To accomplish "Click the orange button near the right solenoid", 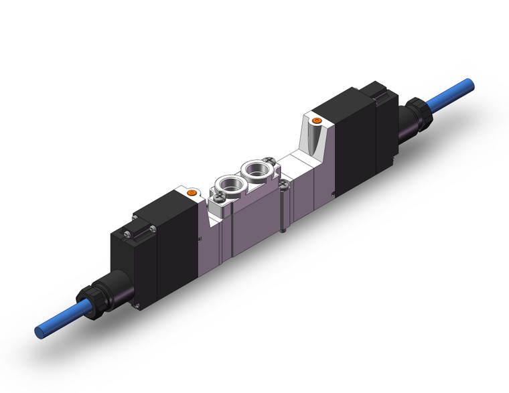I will pyautogui.click(x=317, y=121).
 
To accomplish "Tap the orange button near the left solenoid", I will pyautogui.click(x=192, y=193).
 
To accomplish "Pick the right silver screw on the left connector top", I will pyautogui.click(x=153, y=230).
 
